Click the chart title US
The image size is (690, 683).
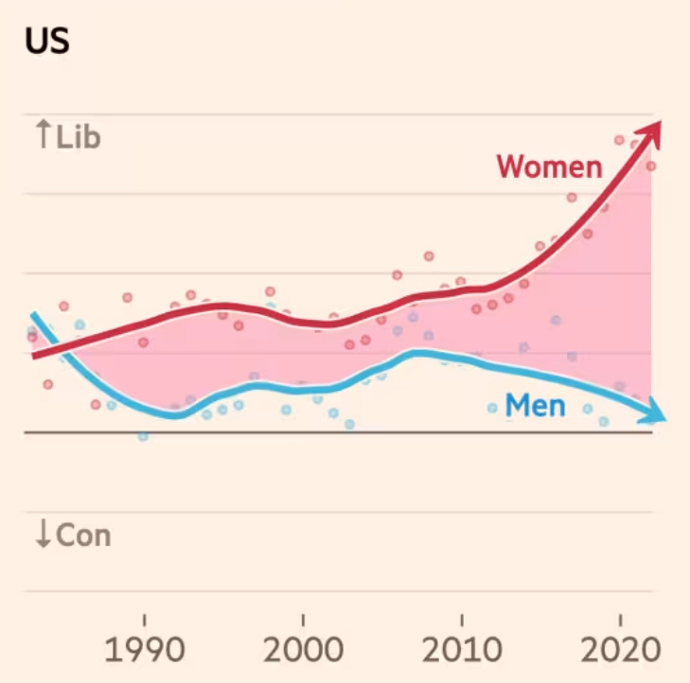click(46, 42)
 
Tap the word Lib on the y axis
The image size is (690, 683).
click(79, 138)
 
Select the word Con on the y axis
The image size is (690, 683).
click(83, 535)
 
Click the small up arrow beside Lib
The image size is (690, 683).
click(43, 136)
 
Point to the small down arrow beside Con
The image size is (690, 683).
click(43, 535)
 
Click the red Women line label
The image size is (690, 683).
click(549, 166)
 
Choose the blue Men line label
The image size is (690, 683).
click(535, 406)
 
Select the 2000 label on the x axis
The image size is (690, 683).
click(302, 652)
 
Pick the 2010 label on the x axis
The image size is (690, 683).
click(461, 652)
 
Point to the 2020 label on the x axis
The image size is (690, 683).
click(619, 652)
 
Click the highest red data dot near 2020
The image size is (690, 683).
click(620, 140)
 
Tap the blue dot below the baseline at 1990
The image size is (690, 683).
click(143, 436)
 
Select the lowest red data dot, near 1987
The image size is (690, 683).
click(96, 404)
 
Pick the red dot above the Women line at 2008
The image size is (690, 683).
click(429, 256)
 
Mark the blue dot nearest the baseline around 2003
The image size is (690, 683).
click(349, 425)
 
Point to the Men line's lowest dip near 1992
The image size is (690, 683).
click(175, 415)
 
